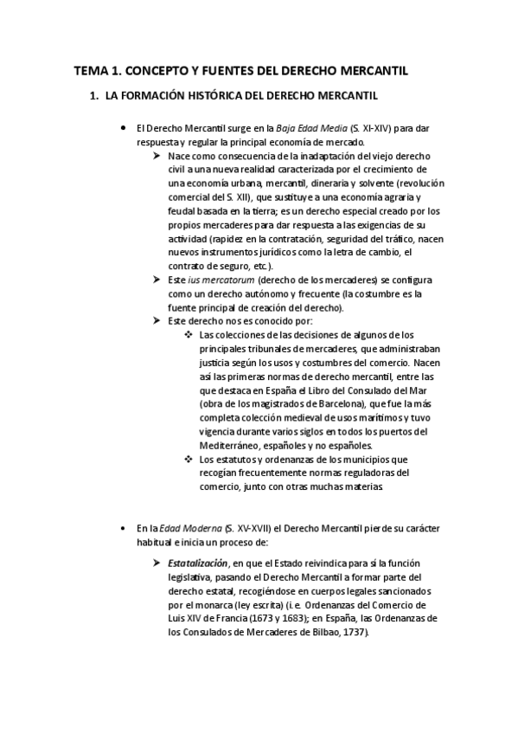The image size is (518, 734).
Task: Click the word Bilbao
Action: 323,633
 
